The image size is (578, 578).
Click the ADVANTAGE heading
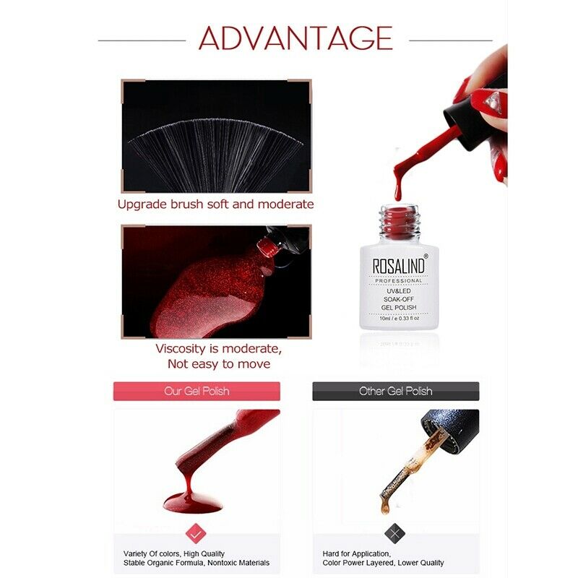(x=296, y=38)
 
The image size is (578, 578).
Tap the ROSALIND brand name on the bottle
(x=399, y=266)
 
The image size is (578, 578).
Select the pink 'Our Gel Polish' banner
(x=197, y=391)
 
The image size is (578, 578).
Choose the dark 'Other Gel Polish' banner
(x=395, y=391)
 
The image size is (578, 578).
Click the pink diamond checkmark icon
(x=196, y=533)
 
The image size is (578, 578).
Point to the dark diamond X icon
(x=394, y=533)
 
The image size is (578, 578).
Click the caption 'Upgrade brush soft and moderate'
(x=215, y=204)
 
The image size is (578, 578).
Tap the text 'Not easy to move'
(x=219, y=364)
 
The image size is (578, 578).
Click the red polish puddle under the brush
(x=193, y=503)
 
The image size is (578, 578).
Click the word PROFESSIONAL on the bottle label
(x=399, y=281)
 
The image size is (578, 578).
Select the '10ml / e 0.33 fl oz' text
(x=399, y=318)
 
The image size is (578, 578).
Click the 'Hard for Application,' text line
(x=356, y=553)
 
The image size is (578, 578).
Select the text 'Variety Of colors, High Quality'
(x=174, y=553)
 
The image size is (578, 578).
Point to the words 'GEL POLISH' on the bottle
(x=399, y=308)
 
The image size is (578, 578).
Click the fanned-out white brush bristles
(x=215, y=151)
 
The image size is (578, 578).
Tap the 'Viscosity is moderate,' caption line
(x=219, y=349)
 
